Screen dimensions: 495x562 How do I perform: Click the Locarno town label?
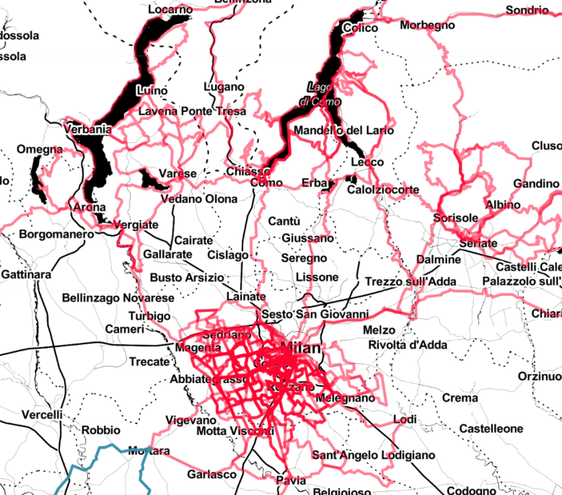(x=170, y=10)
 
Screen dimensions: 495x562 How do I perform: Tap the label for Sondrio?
(x=527, y=10)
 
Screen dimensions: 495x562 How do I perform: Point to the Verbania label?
(x=87, y=129)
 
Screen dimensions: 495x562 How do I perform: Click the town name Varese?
(x=177, y=174)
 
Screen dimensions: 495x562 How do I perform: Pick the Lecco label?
(x=368, y=162)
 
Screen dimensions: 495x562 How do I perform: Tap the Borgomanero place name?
(x=56, y=235)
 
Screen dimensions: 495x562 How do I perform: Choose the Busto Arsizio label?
(x=186, y=278)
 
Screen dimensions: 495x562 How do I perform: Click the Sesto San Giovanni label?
(x=315, y=315)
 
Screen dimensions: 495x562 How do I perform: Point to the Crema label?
(x=460, y=398)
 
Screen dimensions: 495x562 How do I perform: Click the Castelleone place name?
(x=491, y=429)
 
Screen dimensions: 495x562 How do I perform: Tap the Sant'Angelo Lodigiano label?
(x=373, y=455)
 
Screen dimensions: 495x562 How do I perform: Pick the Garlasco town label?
(x=211, y=475)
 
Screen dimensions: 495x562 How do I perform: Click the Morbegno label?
(x=427, y=25)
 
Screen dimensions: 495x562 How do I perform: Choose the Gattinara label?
(x=26, y=275)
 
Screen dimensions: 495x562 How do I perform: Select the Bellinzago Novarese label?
(x=118, y=298)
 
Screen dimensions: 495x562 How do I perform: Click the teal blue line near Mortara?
(x=108, y=449)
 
